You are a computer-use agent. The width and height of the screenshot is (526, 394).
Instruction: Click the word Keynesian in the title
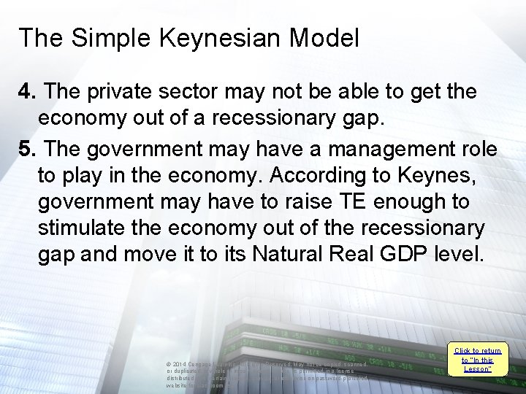point(214,38)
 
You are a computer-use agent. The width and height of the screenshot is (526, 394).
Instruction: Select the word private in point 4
point(120,93)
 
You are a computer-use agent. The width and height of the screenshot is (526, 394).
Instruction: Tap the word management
point(376,150)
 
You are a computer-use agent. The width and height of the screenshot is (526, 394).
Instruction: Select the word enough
point(413,202)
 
